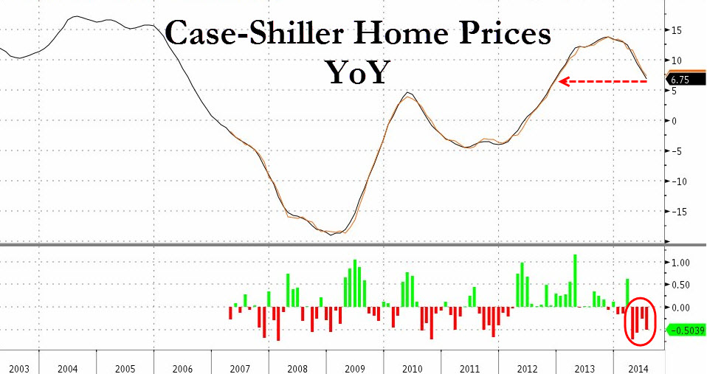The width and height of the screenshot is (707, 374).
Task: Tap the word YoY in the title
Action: tap(356, 72)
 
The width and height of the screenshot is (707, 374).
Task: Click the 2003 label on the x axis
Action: tap(19, 367)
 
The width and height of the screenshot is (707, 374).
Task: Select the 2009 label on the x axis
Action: tap(356, 367)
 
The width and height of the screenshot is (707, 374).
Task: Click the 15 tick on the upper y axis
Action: tap(676, 30)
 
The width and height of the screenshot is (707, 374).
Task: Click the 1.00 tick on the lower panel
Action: tap(680, 263)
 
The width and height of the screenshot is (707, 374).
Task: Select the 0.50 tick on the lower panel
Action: tap(680, 285)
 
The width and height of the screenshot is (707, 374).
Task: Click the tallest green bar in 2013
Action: tap(575, 280)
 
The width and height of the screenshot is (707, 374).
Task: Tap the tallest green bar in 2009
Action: tap(355, 283)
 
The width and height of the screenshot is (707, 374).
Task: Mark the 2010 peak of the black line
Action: tap(408, 93)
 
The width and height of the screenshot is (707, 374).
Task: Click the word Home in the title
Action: tap(395, 34)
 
